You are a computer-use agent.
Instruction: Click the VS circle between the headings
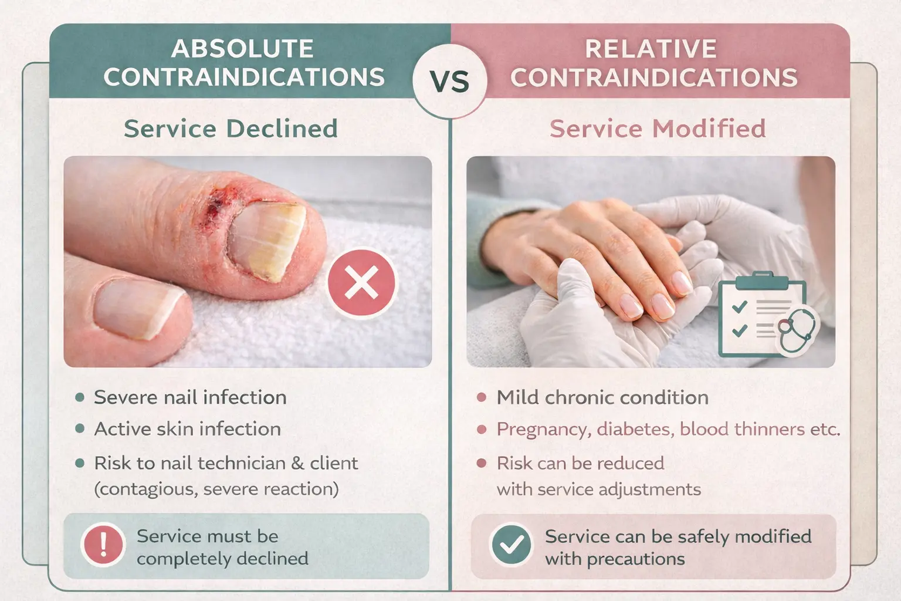pyautogui.click(x=450, y=81)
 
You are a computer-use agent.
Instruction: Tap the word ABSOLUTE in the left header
pyautogui.click(x=242, y=49)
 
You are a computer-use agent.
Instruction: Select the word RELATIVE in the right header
pyautogui.click(x=651, y=49)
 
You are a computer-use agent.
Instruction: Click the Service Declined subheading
pyautogui.click(x=231, y=129)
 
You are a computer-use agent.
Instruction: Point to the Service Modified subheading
pyautogui.click(x=658, y=129)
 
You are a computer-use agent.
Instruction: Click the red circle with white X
pyautogui.click(x=361, y=283)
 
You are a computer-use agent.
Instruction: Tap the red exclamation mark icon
pyautogui.click(x=104, y=544)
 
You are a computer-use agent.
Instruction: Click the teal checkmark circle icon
pyautogui.click(x=512, y=545)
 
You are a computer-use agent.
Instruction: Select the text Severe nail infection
pyautogui.click(x=190, y=397)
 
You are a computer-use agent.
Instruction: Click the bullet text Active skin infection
pyautogui.click(x=187, y=429)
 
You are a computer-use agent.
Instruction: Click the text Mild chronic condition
pyautogui.click(x=602, y=397)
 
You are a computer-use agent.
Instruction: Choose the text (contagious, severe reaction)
pyautogui.click(x=216, y=489)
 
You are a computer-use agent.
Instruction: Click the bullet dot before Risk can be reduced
pyautogui.click(x=482, y=463)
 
